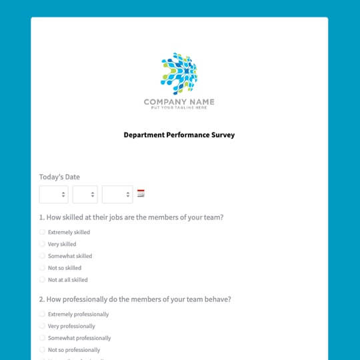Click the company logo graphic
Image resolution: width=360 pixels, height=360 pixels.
(x=179, y=73)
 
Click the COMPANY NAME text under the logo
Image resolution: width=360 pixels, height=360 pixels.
(x=179, y=102)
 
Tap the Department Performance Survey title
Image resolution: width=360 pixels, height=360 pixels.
(x=179, y=135)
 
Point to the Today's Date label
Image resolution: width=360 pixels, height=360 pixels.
(x=59, y=177)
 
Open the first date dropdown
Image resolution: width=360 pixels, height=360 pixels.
(x=53, y=194)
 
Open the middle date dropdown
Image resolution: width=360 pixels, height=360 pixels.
(x=85, y=194)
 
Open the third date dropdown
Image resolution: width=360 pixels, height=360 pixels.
(x=117, y=194)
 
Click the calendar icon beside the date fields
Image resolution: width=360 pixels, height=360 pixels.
(x=141, y=193)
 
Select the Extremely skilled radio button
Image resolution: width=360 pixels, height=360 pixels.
(x=43, y=232)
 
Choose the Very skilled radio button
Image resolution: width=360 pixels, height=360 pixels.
(x=43, y=244)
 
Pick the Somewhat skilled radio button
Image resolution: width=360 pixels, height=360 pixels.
(x=43, y=256)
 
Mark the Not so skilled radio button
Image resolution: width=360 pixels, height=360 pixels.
(x=43, y=268)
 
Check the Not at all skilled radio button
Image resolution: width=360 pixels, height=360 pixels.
(x=43, y=280)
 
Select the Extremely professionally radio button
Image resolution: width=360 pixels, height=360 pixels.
(x=43, y=314)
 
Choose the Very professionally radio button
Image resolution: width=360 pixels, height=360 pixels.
(x=43, y=326)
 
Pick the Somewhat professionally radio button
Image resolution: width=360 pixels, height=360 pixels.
(x=43, y=338)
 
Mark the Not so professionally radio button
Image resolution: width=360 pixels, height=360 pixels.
(x=43, y=350)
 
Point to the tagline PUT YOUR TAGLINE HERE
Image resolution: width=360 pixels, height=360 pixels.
(x=179, y=108)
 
